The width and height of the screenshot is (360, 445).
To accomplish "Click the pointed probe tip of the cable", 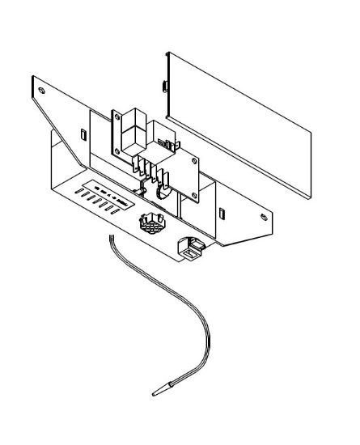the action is click(155, 394).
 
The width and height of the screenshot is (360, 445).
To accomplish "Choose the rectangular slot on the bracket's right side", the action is click(221, 213).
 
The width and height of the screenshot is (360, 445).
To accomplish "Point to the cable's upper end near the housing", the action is click(111, 235).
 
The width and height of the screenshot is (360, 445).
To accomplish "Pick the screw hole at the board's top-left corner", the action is click(112, 114).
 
